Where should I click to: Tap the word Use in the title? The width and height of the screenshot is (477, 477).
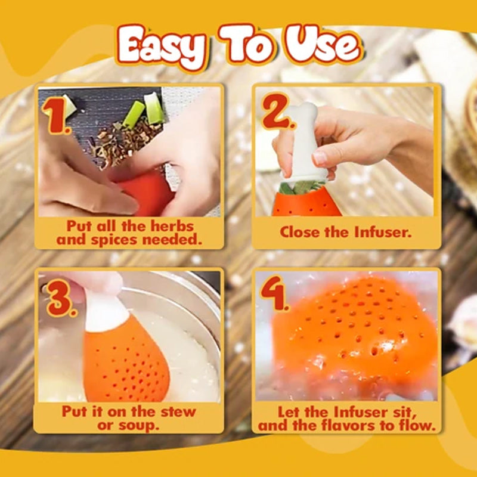click(323, 45)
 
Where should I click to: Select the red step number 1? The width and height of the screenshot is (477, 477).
click(57, 116)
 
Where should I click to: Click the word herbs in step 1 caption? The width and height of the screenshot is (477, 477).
click(172, 226)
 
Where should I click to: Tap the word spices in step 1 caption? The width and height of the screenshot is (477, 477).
click(114, 240)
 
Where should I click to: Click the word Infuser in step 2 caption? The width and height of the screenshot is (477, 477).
click(382, 232)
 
